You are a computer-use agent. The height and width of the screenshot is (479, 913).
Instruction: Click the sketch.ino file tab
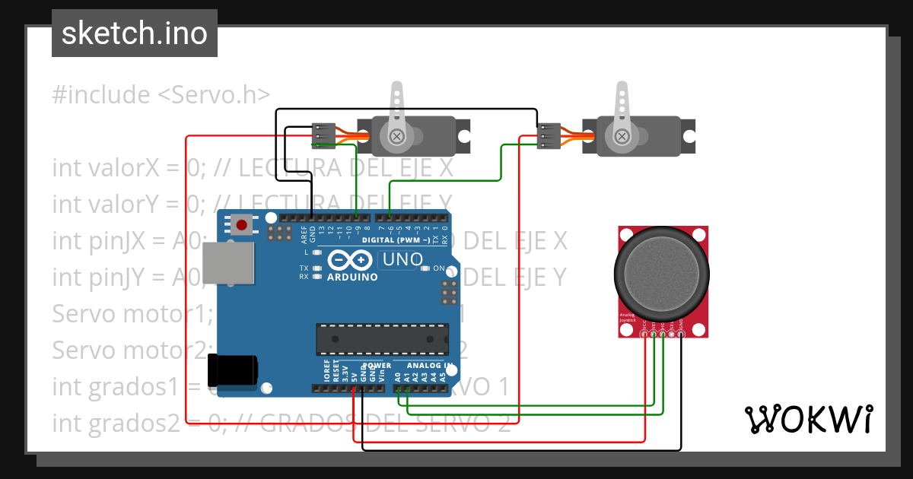[134, 33]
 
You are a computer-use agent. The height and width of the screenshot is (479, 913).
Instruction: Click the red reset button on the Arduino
[243, 225]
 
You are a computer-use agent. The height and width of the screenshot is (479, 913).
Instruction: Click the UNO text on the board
[402, 259]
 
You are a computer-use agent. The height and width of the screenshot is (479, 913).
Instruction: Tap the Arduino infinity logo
[352, 262]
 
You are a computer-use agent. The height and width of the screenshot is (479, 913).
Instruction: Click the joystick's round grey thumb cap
[662, 276]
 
